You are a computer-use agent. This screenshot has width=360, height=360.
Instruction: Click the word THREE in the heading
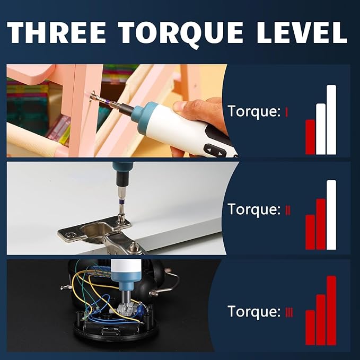coord(56,32)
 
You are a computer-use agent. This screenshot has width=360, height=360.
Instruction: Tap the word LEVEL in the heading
coord(302,32)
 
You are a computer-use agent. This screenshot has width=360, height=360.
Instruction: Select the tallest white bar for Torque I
coord(331,120)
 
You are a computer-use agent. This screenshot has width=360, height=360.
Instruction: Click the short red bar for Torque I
coord(310,137)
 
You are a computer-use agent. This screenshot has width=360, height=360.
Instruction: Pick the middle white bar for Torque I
coord(321,129)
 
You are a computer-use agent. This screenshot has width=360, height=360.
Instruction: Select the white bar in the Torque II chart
coord(331,215)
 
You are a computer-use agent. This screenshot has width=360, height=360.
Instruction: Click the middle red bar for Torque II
coord(321,224)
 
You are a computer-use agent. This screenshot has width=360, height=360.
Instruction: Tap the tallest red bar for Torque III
coord(331,310)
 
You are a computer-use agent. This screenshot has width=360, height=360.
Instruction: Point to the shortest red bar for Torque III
coord(310,328)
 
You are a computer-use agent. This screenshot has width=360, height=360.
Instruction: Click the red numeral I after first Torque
coord(286,112)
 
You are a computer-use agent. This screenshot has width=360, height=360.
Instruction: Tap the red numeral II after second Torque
coord(288,210)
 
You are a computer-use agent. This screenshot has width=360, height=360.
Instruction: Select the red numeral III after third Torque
coord(289,313)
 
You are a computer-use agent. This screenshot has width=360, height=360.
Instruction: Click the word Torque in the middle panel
coord(254,209)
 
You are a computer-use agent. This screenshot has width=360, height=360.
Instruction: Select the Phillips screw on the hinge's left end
coord(69,235)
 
